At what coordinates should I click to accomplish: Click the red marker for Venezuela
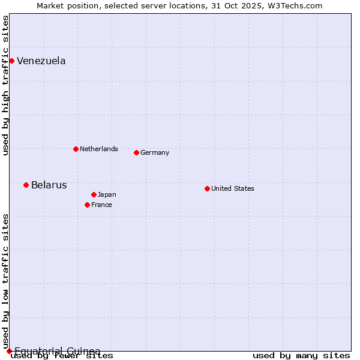11,61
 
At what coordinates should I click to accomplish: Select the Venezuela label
41,61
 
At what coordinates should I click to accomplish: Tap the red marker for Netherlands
76,149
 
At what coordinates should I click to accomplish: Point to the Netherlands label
99,149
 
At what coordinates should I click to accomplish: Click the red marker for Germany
136,152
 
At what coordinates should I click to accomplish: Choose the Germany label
155,152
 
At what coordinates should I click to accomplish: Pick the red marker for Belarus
26,185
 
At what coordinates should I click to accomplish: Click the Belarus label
49,185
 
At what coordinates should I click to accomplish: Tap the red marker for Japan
94,194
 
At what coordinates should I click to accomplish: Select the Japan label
107,194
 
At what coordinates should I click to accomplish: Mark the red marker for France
87,205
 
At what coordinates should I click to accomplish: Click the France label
102,205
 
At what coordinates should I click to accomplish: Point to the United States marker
207,188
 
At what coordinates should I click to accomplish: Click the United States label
233,188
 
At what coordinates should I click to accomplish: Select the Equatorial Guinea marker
9,351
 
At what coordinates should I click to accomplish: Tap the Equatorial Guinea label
58,351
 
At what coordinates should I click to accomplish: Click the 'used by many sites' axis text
301,356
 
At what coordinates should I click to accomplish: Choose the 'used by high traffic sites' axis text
5,85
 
